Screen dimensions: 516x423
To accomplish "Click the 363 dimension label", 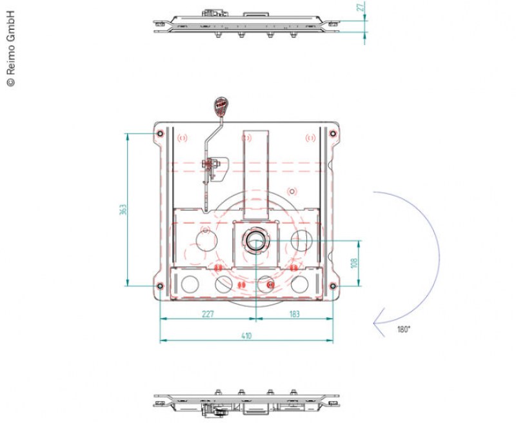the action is coord(123,210).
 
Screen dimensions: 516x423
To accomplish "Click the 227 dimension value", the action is coord(208,314).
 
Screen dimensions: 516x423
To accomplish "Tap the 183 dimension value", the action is coord(295,314).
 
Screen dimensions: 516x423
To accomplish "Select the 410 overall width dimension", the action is coord(246,335).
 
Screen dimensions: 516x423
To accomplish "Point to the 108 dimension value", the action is coord(354,263).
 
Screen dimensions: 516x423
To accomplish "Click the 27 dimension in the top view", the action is coord(361,7).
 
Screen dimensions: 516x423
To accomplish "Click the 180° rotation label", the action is coord(404,330).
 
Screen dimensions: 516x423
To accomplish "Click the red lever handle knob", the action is coord(221,106).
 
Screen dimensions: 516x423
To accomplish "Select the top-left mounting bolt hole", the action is coord(160,133).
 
